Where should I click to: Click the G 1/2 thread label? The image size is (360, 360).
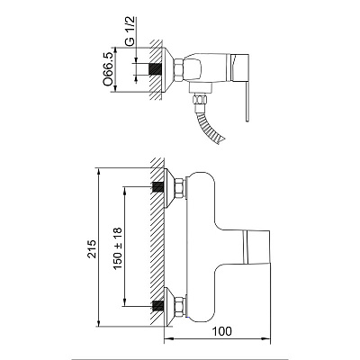130,31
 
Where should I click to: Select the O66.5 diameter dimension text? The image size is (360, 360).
108,68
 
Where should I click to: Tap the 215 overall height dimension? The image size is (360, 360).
92,249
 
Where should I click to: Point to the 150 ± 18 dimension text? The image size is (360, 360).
118,248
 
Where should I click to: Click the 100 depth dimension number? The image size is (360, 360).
222,331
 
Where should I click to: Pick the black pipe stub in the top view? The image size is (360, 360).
156,69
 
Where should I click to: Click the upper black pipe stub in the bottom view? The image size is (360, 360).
158,187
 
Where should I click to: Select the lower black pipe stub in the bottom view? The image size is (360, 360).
158,306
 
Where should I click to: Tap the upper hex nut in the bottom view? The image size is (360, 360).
179,188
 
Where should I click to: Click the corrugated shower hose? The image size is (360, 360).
210,126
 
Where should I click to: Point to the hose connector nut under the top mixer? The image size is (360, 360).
200,99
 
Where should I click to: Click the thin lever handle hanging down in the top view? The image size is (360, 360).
247,102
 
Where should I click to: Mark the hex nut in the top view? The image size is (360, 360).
178,69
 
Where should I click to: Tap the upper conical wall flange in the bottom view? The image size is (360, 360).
169,188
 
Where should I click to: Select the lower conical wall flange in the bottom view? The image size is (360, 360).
169,306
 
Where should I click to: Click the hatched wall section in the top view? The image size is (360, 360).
155,70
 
